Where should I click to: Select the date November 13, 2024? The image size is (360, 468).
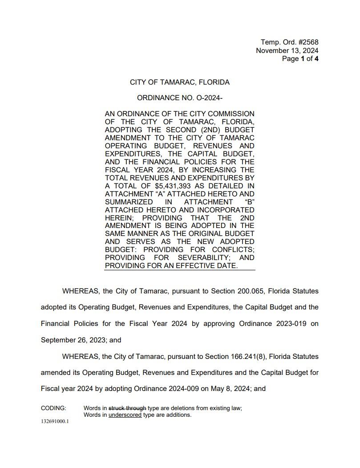287,51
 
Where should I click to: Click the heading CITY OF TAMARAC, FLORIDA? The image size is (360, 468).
180,82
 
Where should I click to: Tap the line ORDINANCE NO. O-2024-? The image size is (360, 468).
180,97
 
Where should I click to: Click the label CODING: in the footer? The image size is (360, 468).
53,408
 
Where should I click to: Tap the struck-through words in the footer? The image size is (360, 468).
127,408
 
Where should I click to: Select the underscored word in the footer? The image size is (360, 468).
125,415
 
